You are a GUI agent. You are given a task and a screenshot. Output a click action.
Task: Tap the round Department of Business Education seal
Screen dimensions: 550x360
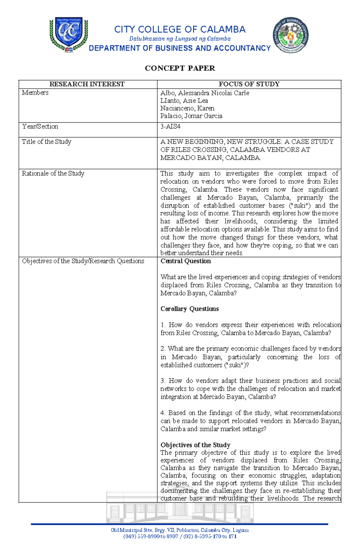tap(290, 35)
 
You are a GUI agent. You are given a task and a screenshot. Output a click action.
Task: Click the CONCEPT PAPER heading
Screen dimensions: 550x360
tap(180, 68)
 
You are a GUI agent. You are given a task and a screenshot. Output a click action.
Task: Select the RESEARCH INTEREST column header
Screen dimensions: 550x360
tap(87, 84)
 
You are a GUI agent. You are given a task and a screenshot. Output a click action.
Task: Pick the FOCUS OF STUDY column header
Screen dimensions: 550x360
tap(249, 84)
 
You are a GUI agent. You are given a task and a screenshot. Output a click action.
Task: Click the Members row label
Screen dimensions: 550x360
tap(35, 93)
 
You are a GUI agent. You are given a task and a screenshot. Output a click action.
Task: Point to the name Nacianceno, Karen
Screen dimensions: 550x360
tap(187, 108)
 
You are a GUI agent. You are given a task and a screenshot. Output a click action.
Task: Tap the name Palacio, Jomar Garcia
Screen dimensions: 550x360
tap(191, 116)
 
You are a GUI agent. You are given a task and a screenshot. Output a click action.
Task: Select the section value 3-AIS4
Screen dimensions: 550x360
tap(170, 126)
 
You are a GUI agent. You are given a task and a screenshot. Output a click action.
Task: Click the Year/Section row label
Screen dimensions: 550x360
tap(40, 126)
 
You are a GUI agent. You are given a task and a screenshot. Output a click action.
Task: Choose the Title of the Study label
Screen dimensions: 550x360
tap(46, 142)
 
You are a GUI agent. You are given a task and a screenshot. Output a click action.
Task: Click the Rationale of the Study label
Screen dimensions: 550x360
tap(53, 174)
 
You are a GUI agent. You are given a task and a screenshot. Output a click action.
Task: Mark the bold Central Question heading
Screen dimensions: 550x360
tap(185, 261)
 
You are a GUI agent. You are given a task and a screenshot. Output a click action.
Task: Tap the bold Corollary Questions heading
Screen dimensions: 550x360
tap(189, 309)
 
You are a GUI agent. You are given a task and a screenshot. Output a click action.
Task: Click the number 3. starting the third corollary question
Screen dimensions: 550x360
tap(163, 381)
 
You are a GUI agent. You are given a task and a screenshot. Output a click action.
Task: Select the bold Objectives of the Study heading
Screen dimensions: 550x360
tap(195, 445)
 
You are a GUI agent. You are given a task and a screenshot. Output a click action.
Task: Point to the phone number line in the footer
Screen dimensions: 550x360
tap(180, 536)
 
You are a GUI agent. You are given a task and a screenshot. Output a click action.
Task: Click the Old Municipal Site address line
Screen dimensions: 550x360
tap(180, 530)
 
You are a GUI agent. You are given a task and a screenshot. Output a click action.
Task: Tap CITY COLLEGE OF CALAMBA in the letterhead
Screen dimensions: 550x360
tap(180, 29)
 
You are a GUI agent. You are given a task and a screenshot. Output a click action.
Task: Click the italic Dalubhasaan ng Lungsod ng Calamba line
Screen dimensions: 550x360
tap(180, 39)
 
